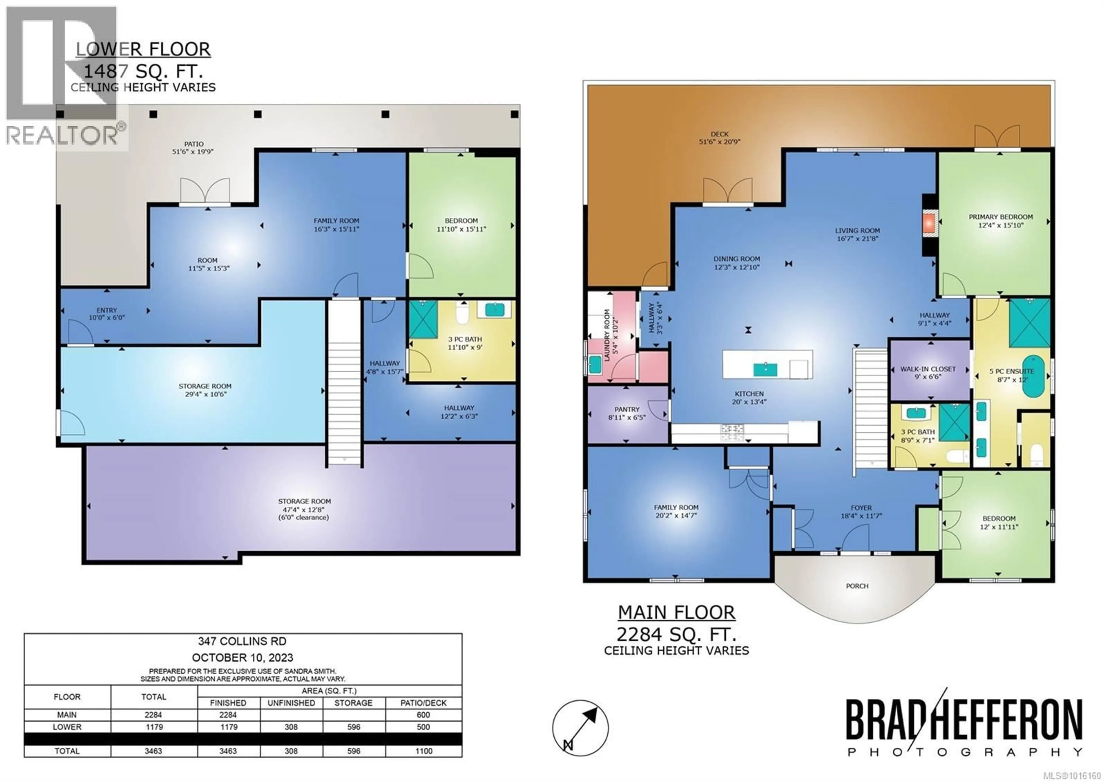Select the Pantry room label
click(627, 409)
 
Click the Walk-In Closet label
click(928, 369)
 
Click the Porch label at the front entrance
click(857, 586)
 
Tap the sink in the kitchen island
click(765, 369)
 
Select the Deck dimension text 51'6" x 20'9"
click(719, 142)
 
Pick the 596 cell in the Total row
click(354, 751)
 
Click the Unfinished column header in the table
click(291, 703)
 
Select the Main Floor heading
click(676, 613)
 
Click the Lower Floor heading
click(143, 49)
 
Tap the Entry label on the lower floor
click(106, 310)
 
